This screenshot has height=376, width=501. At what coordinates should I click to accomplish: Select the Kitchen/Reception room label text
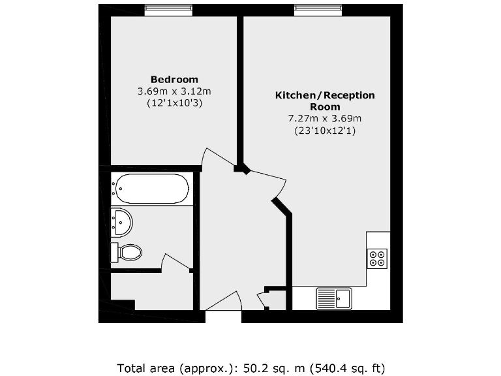[x=325, y=101]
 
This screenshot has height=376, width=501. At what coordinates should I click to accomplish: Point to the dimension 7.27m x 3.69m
[x=325, y=118]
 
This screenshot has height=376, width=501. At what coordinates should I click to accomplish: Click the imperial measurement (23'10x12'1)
[x=325, y=131]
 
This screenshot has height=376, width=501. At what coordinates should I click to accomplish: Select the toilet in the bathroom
[x=127, y=252]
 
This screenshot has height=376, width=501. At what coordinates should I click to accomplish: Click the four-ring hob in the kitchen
[x=377, y=258]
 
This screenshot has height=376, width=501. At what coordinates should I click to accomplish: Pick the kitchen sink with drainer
[x=334, y=298]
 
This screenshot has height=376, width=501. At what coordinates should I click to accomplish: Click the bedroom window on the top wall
[x=168, y=10]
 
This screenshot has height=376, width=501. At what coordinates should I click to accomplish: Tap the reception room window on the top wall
[x=318, y=10]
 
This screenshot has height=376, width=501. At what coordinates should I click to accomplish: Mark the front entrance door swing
[x=225, y=302]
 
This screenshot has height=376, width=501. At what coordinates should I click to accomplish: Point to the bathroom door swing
[x=174, y=262]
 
